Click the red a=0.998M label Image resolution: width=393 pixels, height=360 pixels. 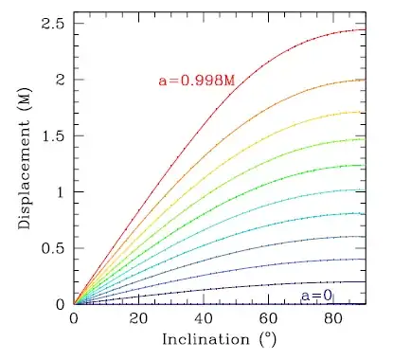pyautogui.click(x=196, y=81)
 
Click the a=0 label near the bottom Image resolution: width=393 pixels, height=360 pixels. pyautogui.click(x=316, y=295)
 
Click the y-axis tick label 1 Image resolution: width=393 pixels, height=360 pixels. pyautogui.click(x=60, y=191)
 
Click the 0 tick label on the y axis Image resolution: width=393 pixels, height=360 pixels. pyautogui.click(x=60, y=304)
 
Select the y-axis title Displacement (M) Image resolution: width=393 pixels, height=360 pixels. pyautogui.click(x=26, y=163)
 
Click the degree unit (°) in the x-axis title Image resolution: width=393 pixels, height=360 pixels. pyautogui.click(x=269, y=338)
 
